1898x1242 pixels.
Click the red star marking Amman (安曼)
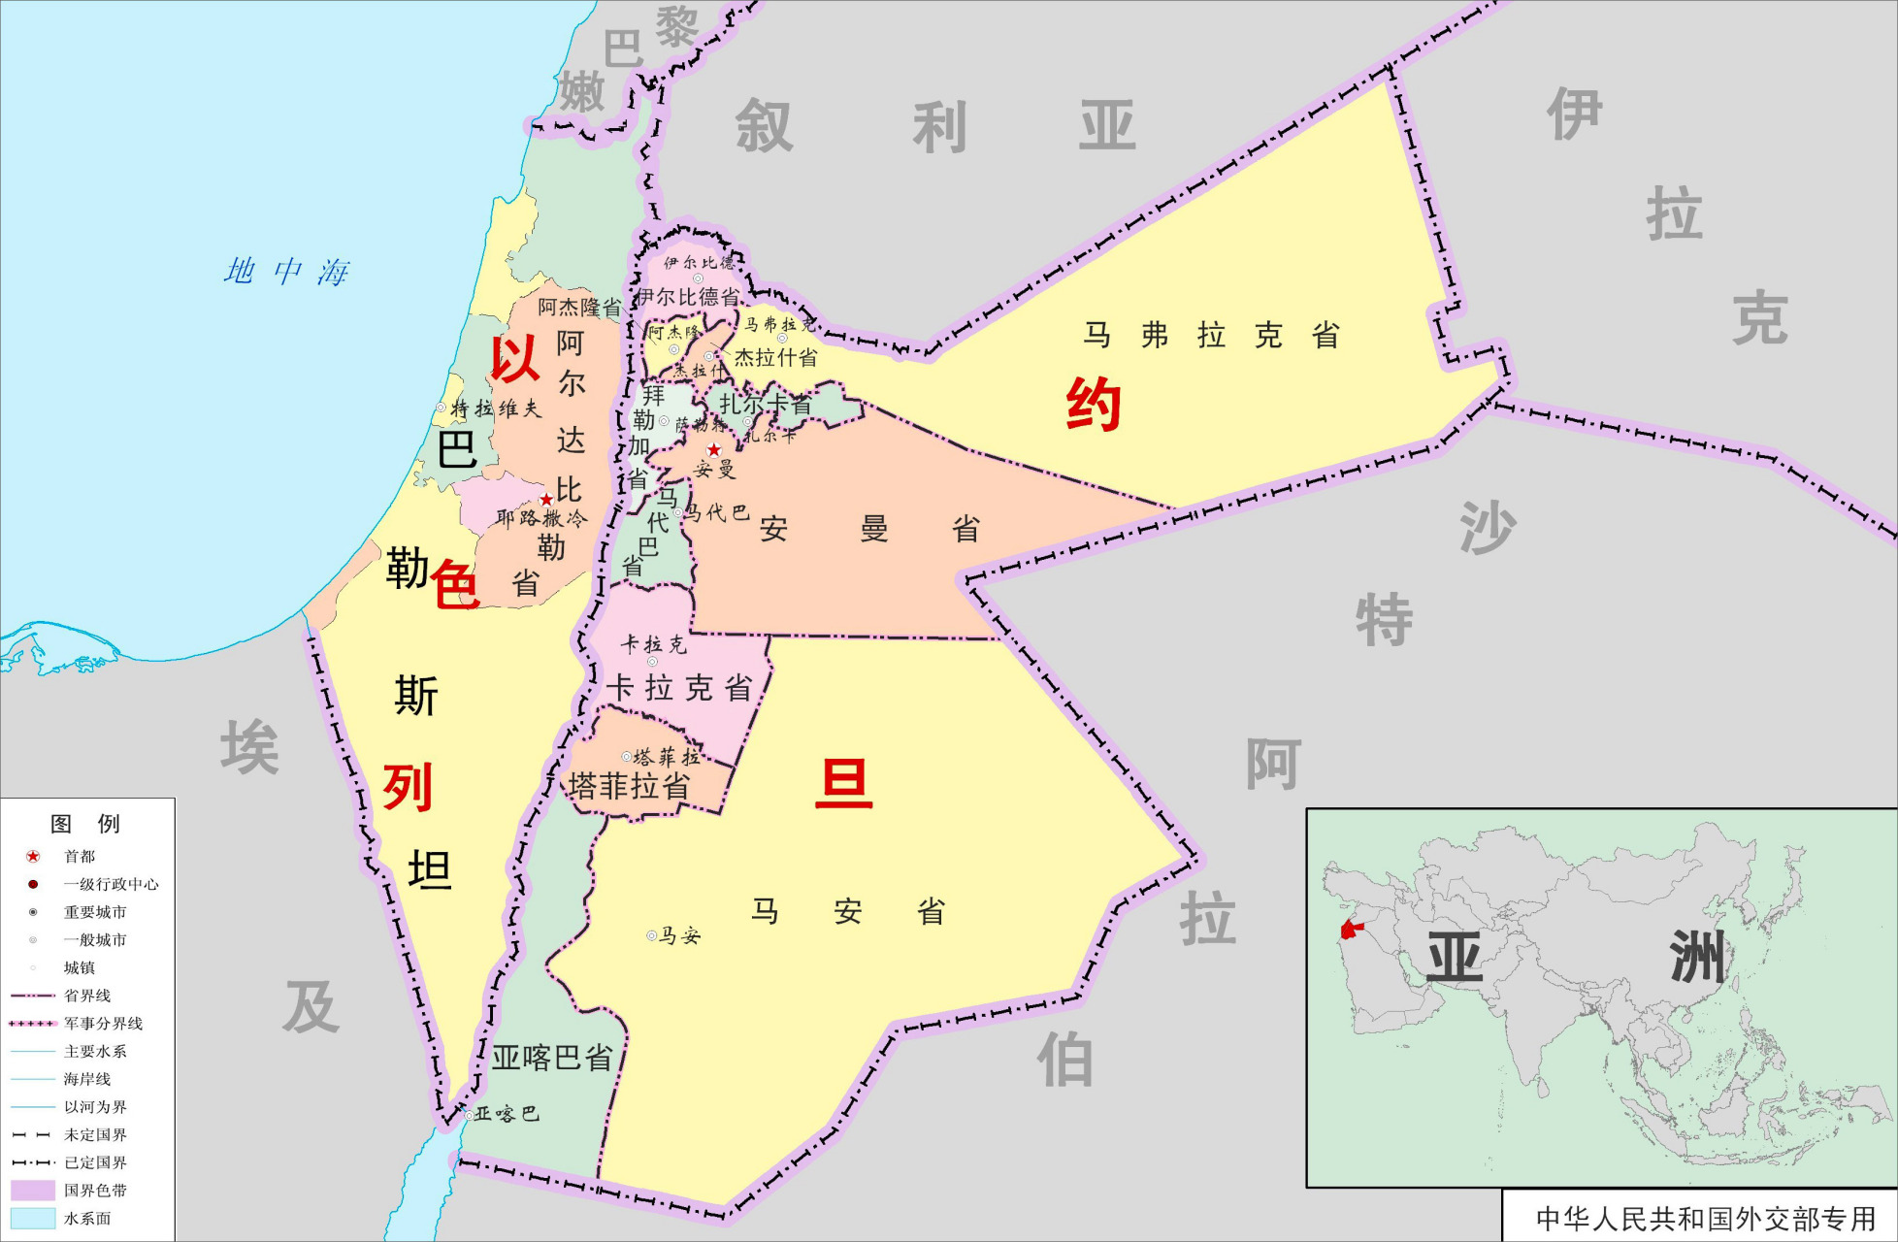point(714,449)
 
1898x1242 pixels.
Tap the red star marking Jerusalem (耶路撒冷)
point(546,500)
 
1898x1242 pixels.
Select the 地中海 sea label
point(286,272)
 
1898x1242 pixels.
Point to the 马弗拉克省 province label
point(1211,336)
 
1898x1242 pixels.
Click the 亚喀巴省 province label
point(551,1058)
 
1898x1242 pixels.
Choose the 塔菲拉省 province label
point(629,785)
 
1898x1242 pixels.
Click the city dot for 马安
point(652,936)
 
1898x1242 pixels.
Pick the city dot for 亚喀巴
point(470,1116)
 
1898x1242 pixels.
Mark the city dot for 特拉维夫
point(442,409)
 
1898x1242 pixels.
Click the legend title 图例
point(85,824)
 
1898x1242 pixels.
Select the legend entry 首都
point(80,856)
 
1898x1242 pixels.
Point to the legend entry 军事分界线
point(103,1024)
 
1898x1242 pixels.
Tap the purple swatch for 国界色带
point(32,1190)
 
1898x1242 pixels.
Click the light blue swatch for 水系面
point(32,1218)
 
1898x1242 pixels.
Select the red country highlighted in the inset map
point(1349,931)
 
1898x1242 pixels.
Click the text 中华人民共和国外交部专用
point(1705,1219)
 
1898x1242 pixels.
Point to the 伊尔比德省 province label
point(688,297)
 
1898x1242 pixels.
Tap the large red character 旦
point(843,784)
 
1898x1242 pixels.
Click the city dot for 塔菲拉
point(627,757)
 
